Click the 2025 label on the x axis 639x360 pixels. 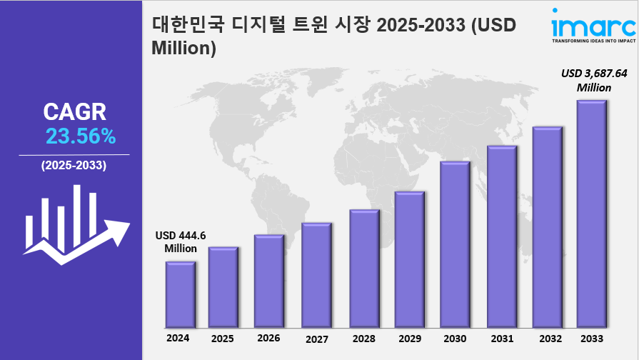pyautogui.click(x=222, y=339)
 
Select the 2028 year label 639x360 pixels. pyautogui.click(x=363, y=339)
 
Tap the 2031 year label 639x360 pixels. pyautogui.click(x=501, y=339)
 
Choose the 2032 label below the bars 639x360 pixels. pyautogui.click(x=547, y=339)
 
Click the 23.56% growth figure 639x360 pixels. pyautogui.click(x=81, y=136)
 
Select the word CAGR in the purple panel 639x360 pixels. pyautogui.click(x=74, y=111)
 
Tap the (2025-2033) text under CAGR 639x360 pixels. pyautogui.click(x=74, y=166)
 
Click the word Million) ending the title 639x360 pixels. pyautogui.click(x=184, y=49)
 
